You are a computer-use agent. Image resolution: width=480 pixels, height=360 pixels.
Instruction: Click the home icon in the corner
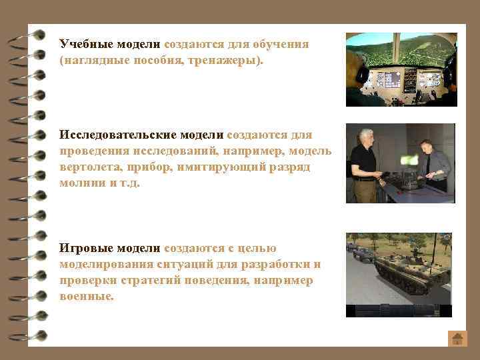click(457, 338)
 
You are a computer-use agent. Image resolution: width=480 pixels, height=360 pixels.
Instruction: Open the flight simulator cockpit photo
click(401, 69)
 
